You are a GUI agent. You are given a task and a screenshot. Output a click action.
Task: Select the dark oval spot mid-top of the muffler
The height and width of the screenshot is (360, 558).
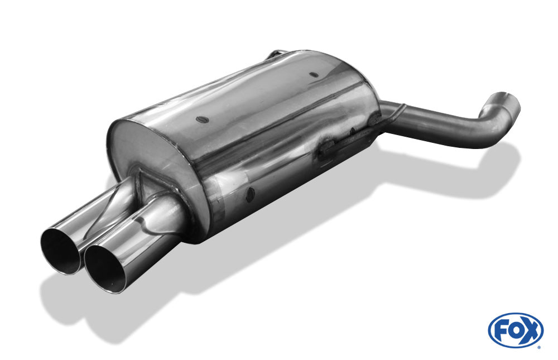coord(201,119)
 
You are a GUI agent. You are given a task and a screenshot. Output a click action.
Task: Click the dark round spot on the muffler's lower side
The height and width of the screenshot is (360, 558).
coord(251,194)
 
